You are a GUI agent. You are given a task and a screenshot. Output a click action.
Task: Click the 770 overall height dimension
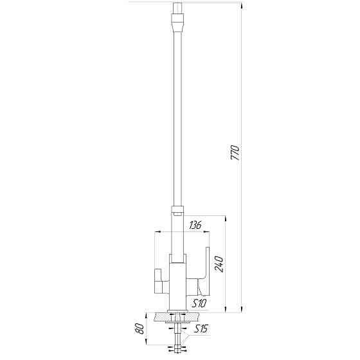235,153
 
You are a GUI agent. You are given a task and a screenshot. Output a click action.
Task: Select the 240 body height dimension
218,265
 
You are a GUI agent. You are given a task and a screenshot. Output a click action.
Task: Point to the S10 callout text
197,303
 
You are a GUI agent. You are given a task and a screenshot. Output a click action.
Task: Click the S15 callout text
201,330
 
